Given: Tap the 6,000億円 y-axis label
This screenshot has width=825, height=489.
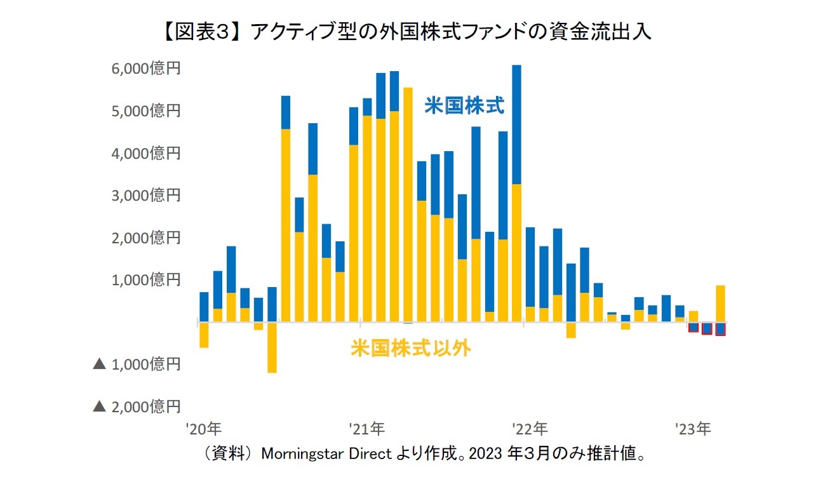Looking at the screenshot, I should tap(145, 69).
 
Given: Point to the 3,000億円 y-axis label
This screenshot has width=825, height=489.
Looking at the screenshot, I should tap(145, 195).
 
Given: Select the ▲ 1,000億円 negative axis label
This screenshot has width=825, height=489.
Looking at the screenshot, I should tap(137, 364).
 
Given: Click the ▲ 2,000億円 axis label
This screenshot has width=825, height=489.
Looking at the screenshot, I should tap(137, 406).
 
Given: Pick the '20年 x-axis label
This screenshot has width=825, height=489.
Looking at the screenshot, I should tap(204, 429).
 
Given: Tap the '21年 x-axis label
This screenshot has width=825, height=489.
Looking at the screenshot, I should tap(366, 429).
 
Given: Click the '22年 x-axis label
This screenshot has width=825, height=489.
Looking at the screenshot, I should tap(529, 429).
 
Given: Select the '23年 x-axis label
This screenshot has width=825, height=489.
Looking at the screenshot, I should tap(692, 429).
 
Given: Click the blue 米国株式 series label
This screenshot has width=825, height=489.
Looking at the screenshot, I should tap(464, 105).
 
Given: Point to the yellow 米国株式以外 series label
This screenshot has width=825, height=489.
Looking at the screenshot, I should tap(411, 348).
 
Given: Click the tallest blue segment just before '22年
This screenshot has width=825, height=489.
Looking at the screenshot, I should tap(516, 124).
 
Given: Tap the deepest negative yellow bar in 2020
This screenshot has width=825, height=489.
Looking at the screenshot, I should tap(272, 347).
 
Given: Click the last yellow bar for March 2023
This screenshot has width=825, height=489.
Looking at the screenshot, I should tap(720, 304).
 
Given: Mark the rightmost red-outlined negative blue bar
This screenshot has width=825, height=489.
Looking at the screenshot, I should tap(720, 329).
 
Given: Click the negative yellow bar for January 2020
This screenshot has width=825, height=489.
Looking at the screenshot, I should tap(204, 335).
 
